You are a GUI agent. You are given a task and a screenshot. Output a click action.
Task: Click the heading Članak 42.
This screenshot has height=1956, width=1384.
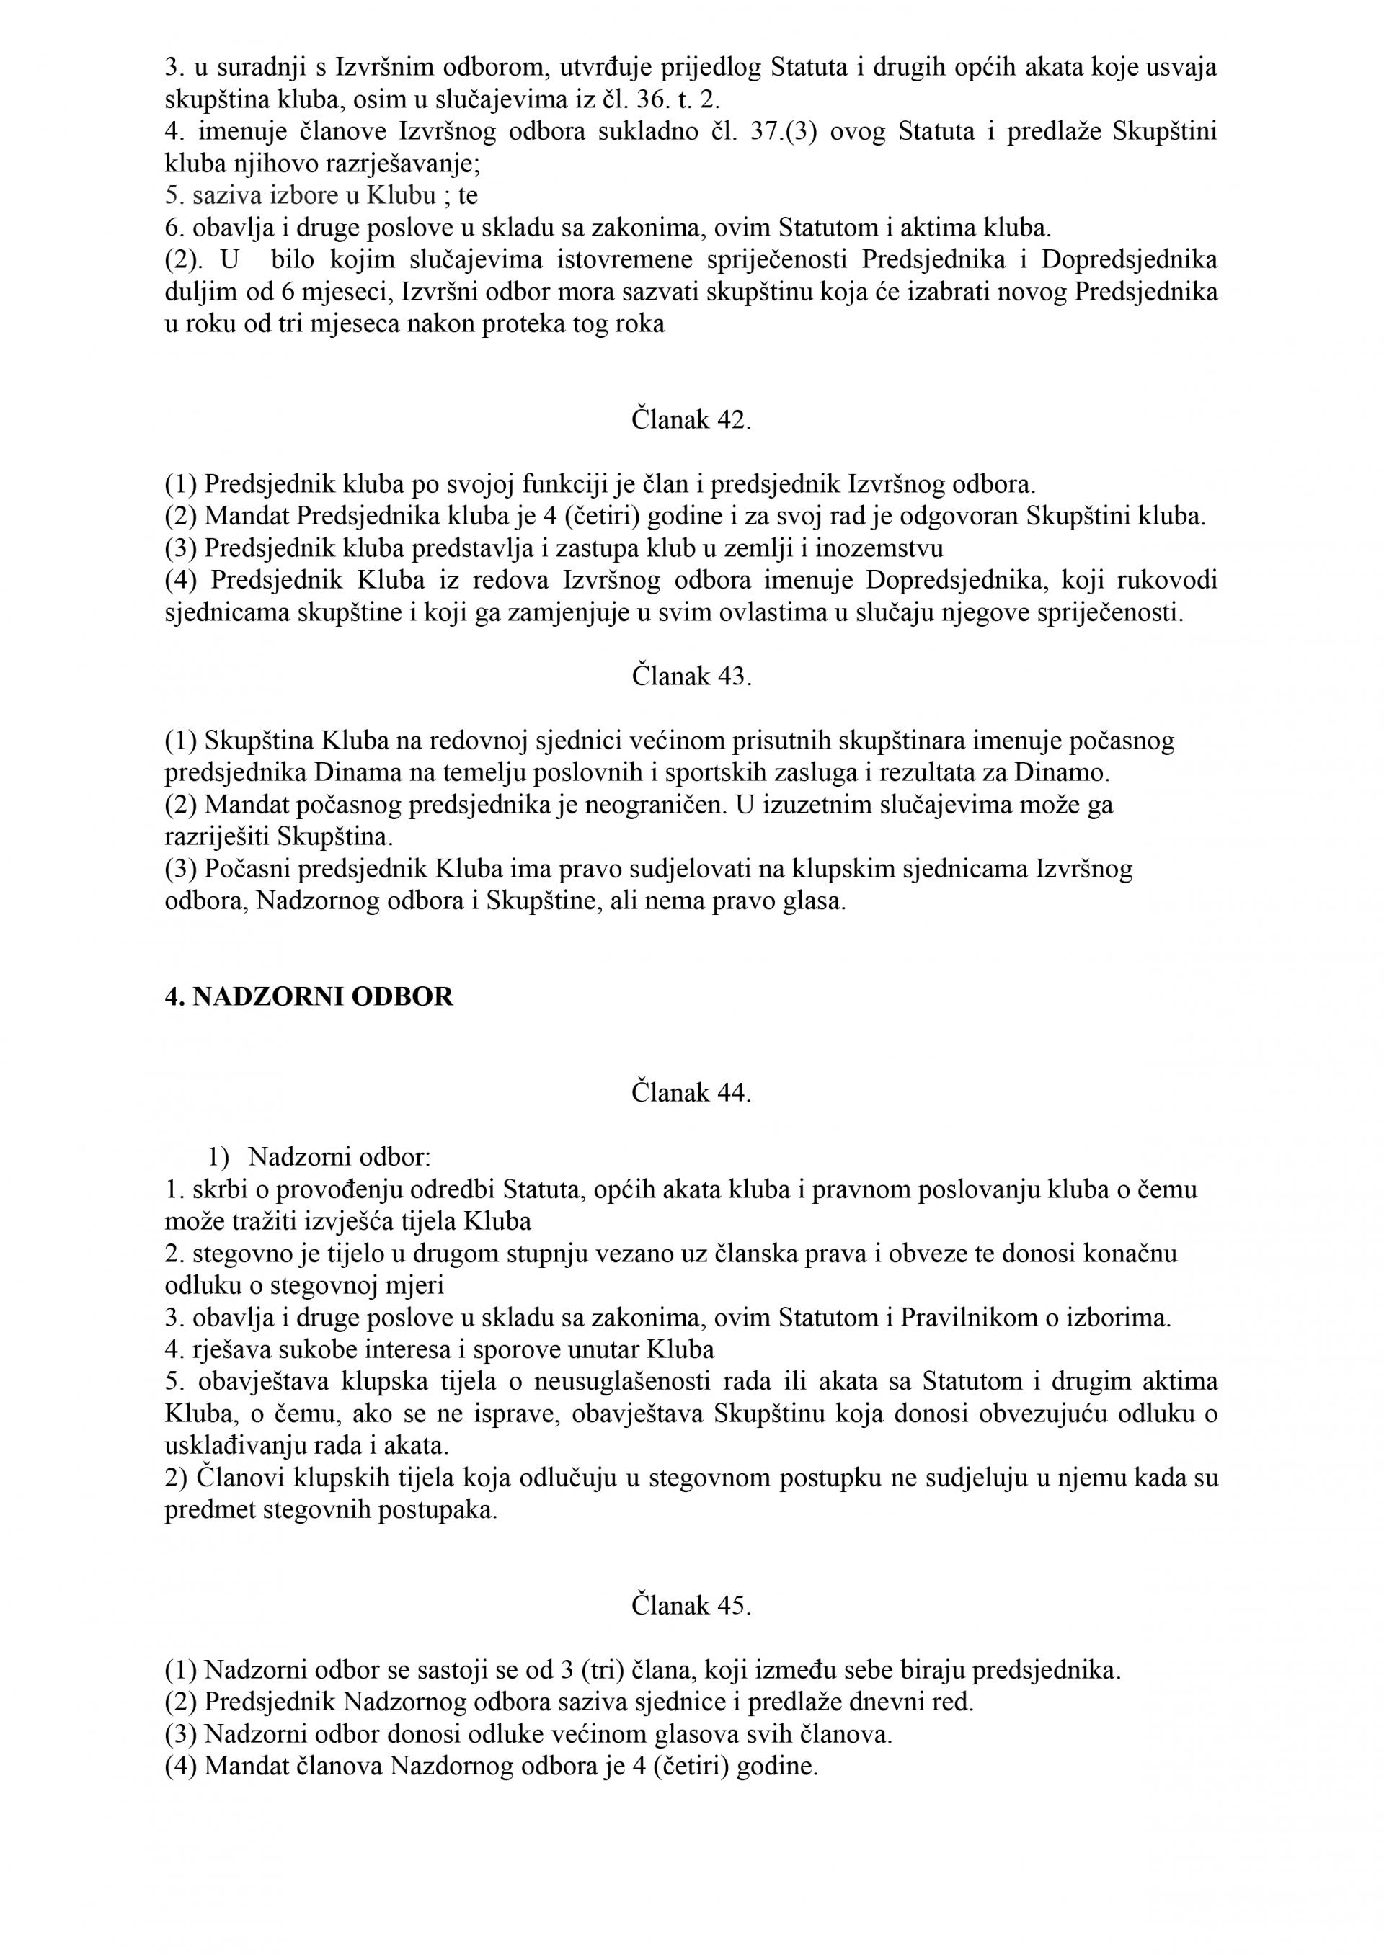click(691, 420)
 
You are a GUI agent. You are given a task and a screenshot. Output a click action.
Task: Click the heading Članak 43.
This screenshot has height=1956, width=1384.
click(691, 676)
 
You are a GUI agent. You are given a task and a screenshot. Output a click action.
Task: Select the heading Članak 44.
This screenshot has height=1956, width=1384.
click(691, 1092)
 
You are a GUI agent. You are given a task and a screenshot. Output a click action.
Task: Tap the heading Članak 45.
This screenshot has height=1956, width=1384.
click(691, 1606)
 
